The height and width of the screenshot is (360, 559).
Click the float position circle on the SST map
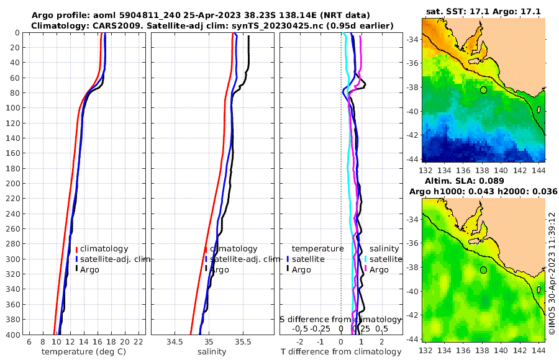tap(483, 90)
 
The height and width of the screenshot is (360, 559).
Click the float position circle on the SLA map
tap(483, 270)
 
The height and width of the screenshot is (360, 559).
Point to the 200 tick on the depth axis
tap(14, 183)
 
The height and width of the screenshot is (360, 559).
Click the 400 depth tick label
tap(14, 335)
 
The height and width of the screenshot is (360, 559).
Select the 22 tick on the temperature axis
tap(139, 342)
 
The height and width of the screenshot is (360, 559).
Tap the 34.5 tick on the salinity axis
tap(175, 342)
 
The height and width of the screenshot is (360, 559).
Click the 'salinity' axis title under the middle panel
tap(211, 352)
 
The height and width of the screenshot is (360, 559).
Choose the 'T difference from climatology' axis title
tap(340, 352)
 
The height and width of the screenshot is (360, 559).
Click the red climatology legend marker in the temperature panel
tap(76, 249)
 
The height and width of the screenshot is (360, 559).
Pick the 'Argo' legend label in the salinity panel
tap(219, 270)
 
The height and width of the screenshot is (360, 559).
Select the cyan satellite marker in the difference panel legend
tap(366, 259)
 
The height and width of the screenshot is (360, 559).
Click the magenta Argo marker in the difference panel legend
tap(366, 270)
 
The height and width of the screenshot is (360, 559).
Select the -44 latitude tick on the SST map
tap(411, 159)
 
